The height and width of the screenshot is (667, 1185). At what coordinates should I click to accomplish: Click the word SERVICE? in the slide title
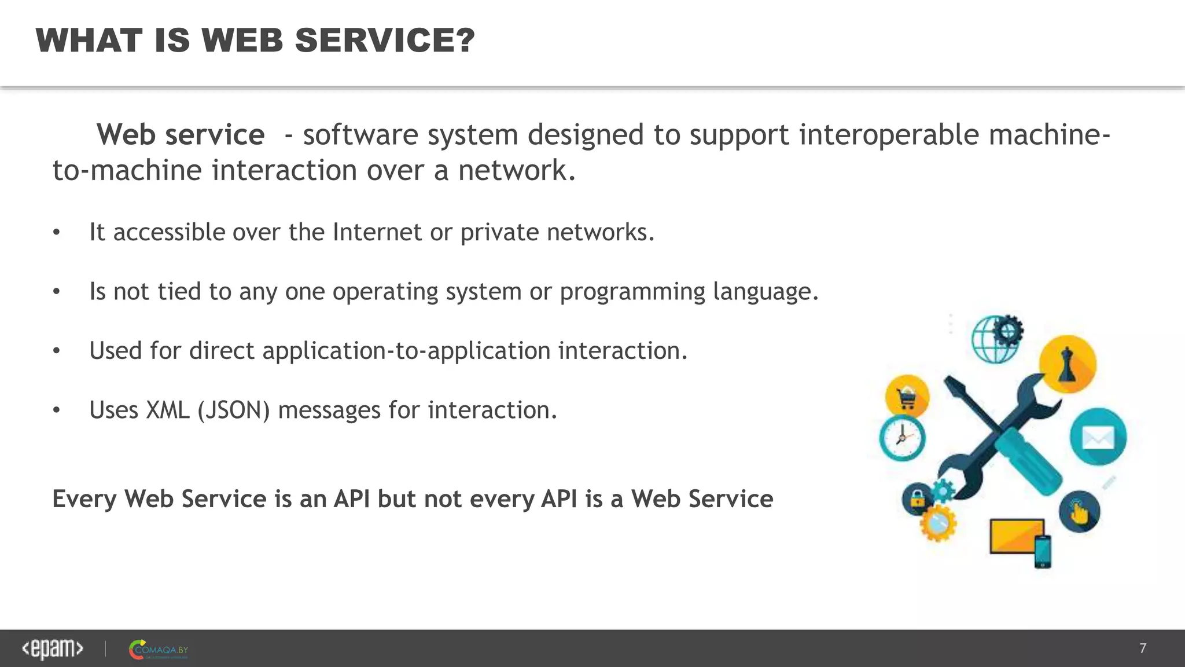[x=384, y=41]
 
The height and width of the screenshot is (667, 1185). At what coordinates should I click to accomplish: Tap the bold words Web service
[x=181, y=135]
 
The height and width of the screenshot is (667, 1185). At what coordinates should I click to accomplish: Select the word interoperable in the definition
[x=888, y=135]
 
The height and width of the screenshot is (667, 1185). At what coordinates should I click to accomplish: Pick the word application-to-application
[x=406, y=351]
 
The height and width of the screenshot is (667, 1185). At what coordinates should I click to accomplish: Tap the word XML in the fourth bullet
[x=168, y=411]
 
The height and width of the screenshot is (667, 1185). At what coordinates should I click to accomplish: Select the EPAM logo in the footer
[x=53, y=649]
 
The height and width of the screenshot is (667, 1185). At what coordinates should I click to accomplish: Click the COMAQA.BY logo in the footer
[x=159, y=650]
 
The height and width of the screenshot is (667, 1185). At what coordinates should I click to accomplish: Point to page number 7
[x=1142, y=648]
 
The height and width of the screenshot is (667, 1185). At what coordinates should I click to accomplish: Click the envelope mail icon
[x=1098, y=437]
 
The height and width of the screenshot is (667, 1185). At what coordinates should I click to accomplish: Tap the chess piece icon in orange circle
[x=1067, y=364]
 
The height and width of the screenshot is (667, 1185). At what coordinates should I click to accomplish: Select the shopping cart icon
[x=907, y=397]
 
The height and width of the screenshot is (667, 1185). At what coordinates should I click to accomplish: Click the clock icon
[x=902, y=438]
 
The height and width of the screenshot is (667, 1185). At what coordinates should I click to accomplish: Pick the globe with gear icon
[x=996, y=338]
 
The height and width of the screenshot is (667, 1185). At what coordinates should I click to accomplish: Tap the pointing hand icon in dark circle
[x=1079, y=512]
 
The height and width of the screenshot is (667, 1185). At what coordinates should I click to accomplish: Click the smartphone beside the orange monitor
[x=1042, y=551]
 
